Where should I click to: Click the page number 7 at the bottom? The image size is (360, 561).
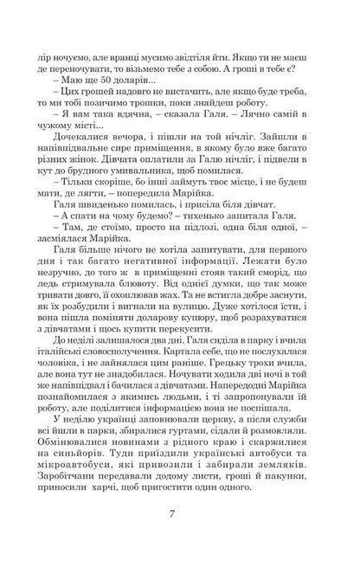180,524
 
